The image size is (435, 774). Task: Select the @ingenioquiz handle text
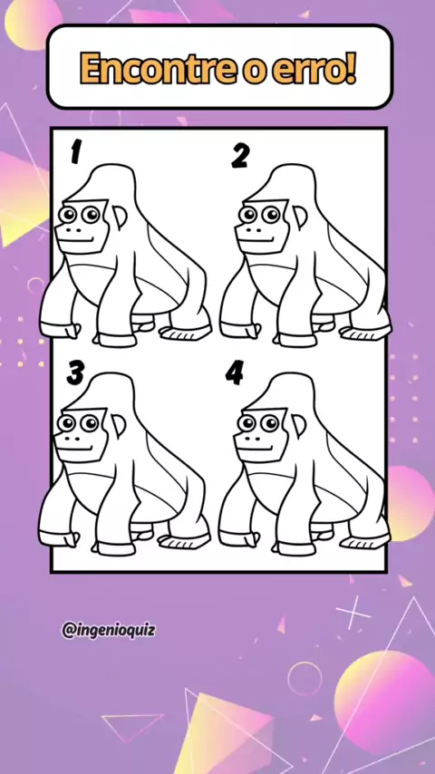coord(108,631)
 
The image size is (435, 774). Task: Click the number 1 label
coord(75,151)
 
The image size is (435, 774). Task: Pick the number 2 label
coord(240,157)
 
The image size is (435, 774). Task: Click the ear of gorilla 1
coord(120,218)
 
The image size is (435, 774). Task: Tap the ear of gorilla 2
coord(300,218)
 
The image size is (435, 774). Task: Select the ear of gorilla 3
coord(119,426)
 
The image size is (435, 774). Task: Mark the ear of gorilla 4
coord(299,426)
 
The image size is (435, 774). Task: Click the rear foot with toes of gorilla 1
coord(185,333)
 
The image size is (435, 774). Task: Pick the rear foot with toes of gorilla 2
coord(365,333)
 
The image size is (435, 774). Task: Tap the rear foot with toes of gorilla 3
coord(184,541)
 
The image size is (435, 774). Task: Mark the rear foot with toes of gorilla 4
coord(364,541)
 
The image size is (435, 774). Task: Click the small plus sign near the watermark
coord(353,613)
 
